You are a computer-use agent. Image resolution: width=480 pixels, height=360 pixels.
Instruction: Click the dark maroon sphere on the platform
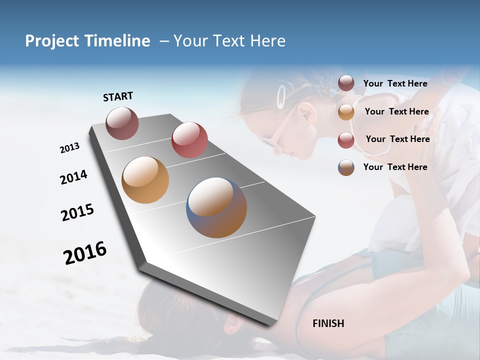(x=122, y=123)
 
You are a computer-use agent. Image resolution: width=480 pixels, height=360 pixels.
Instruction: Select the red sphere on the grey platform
(x=189, y=139)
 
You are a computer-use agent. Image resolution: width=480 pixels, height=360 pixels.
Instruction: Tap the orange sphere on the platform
(x=145, y=180)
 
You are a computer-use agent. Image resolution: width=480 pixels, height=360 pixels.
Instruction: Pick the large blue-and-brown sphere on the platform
(x=216, y=207)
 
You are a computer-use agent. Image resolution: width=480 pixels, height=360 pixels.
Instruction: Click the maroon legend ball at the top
(x=346, y=83)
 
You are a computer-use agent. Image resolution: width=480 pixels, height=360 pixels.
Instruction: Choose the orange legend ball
(x=346, y=111)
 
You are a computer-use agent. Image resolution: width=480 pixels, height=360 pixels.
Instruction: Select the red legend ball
(x=346, y=139)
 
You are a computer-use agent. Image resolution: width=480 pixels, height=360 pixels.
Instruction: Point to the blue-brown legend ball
(x=346, y=167)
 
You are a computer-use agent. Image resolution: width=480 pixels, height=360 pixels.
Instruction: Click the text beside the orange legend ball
(x=396, y=111)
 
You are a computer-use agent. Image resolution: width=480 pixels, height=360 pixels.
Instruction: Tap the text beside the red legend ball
(x=397, y=139)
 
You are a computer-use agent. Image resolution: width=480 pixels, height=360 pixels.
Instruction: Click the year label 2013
(x=69, y=148)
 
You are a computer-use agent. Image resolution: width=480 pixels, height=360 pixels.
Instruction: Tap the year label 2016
(x=85, y=252)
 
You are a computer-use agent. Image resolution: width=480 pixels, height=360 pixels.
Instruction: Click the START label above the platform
(x=118, y=96)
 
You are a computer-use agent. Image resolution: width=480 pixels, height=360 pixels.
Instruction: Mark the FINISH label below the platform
(x=328, y=323)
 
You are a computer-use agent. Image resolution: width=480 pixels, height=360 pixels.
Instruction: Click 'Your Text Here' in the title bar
(x=229, y=41)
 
